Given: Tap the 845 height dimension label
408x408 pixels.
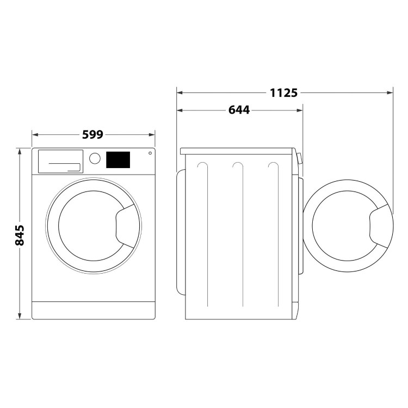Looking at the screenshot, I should coord(20,234).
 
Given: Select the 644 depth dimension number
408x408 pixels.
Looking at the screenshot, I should coord(239,110).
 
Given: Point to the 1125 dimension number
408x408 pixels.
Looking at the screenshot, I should coord(284,93).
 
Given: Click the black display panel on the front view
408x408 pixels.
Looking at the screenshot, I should coord(118,159).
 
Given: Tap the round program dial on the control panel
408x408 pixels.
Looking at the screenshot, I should coord(95,158).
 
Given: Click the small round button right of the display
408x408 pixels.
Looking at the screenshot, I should coord(148,154).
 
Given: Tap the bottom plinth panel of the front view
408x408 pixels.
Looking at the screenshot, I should coord(94,310).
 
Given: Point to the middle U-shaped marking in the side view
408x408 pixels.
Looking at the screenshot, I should coord(237,169).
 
